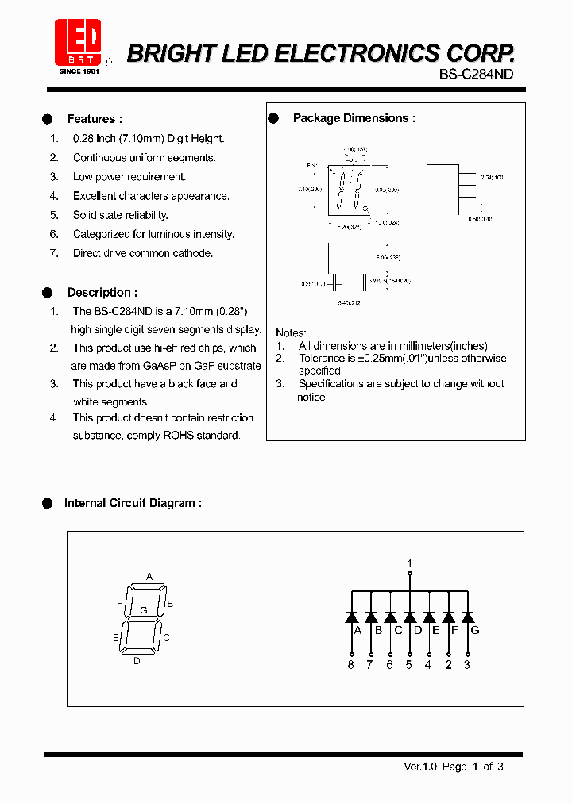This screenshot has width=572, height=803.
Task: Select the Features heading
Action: coord(95,119)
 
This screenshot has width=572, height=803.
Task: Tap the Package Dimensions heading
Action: coord(354,118)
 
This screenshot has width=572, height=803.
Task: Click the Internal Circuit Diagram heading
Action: coord(132,503)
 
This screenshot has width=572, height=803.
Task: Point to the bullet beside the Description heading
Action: coord(47,292)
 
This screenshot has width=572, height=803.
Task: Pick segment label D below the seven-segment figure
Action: coord(137,660)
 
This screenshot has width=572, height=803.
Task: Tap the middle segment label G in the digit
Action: coord(144,610)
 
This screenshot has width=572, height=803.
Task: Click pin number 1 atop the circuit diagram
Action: coord(410,564)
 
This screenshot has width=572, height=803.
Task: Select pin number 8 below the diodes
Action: coord(350,665)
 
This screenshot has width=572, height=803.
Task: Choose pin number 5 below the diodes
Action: coord(409,665)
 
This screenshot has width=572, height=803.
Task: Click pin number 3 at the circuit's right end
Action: coord(467,665)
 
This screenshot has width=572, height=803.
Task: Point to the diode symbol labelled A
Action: coord(350,617)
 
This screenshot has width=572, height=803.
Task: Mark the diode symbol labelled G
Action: coord(467,617)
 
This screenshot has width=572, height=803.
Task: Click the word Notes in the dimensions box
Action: coord(291,332)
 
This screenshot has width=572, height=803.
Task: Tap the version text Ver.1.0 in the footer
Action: coord(421,766)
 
